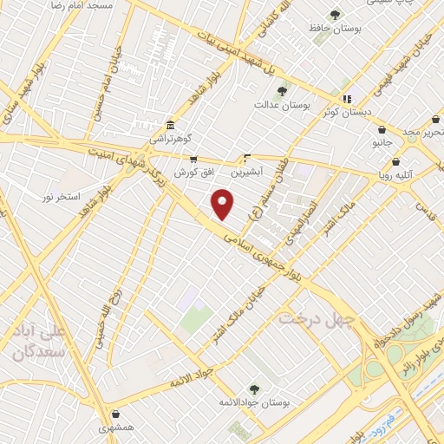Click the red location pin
tap(224, 204)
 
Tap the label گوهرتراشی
tap(170, 139)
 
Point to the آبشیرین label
tap(249, 172)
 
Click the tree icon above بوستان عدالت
tap(281, 90)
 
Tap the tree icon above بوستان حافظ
tap(335, 14)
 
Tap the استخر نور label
tap(60, 198)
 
